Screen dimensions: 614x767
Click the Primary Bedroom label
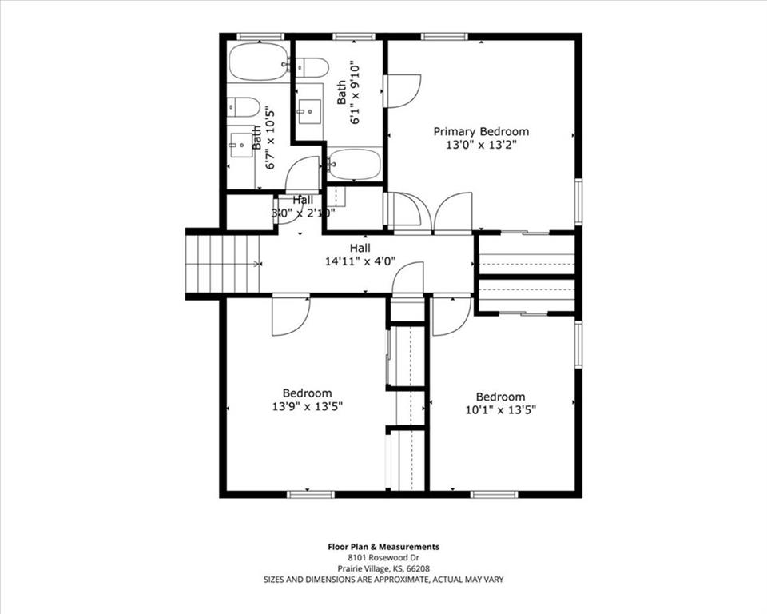coord(481,131)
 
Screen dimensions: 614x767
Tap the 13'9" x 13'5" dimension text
coord(307,407)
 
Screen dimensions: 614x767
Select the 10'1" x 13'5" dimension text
coord(500,410)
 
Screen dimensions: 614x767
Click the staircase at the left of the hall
coord(224,263)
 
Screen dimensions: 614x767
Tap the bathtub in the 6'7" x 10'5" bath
coord(257,62)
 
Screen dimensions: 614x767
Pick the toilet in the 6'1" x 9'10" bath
coord(312,66)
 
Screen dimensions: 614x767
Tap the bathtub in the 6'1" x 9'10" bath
coord(354,163)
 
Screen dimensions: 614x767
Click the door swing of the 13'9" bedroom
coord(289,316)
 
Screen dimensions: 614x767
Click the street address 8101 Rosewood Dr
coord(383,558)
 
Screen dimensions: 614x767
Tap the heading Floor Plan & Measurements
coord(383,547)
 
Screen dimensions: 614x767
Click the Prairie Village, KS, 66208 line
coord(383,568)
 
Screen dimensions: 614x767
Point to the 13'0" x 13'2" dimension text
coord(481,146)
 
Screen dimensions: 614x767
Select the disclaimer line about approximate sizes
coord(383,580)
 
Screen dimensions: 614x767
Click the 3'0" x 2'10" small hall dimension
coord(303,213)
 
